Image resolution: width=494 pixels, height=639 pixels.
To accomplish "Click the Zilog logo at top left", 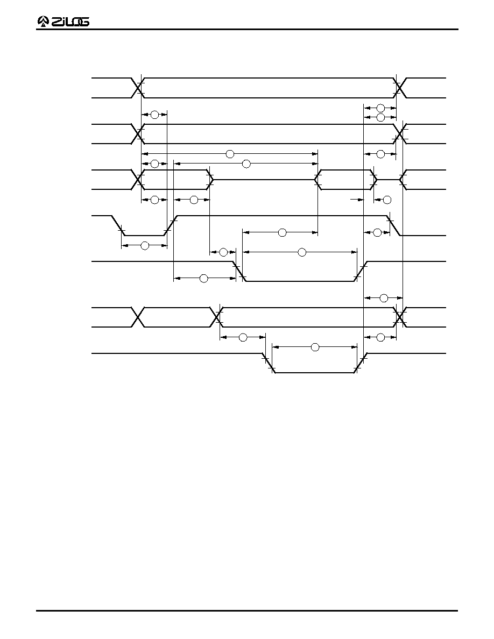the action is point(63,22).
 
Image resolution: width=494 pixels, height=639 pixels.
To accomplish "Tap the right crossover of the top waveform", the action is point(400,88).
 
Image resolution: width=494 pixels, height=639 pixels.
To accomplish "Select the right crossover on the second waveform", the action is point(400,134).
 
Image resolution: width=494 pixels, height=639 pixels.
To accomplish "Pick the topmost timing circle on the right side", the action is point(380,108).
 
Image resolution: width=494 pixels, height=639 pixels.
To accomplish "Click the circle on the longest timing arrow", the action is point(230,154).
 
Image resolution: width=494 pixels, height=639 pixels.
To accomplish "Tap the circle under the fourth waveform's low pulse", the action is point(145,246).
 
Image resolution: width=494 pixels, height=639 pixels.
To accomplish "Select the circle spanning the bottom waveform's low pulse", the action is point(315,347).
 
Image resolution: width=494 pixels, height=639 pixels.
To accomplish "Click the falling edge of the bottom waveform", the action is point(268,363).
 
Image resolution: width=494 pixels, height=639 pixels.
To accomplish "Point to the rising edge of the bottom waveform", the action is point(361,363).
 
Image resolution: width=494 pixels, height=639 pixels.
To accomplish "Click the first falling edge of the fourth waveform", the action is point(118,225).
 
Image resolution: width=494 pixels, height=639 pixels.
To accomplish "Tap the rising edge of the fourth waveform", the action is point(171,225).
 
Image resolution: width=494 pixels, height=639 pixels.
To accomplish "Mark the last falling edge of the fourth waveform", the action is point(394,225).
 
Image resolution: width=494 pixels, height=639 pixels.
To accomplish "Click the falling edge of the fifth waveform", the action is point(239,272).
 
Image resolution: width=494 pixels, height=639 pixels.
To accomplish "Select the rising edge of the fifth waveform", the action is point(361,272).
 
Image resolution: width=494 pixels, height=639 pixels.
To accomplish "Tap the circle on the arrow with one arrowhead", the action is point(387,200).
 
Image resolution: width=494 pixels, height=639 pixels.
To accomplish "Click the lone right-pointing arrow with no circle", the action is point(357,200).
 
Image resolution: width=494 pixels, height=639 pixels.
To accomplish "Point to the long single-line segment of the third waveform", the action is point(264,179).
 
